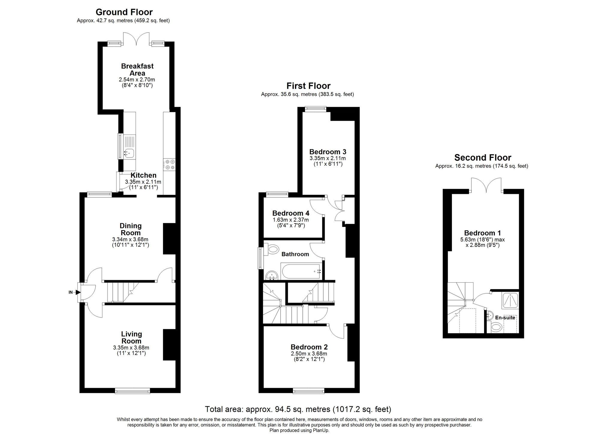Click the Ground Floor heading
(124, 12)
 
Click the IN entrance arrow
(78, 292)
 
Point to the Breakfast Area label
(137, 70)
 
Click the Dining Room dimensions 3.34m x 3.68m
(130, 239)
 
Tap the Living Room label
(131, 337)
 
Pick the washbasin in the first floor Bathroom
(272, 275)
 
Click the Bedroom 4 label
(291, 213)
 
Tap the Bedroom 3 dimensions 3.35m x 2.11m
(328, 158)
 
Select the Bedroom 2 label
(309, 347)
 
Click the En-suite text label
(505, 318)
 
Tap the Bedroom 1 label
(482, 233)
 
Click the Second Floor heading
(482, 157)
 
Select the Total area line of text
(298, 409)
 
